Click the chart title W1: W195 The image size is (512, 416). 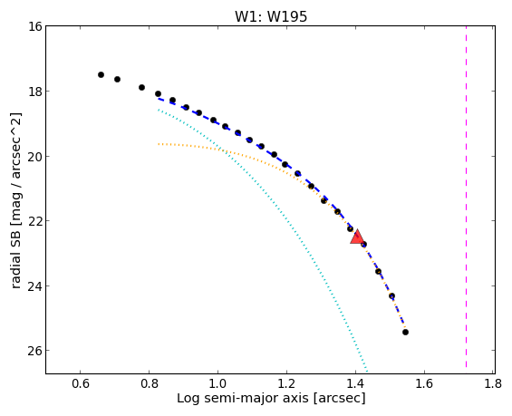click(x=271, y=16)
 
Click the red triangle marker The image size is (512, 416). click(x=357, y=237)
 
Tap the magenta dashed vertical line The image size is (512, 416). click(x=466, y=197)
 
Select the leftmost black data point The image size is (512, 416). click(x=101, y=75)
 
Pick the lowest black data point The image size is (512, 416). click(x=406, y=332)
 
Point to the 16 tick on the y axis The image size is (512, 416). click(x=35, y=26)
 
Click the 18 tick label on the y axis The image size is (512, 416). click(x=35, y=92)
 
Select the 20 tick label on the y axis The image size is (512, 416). click(x=35, y=157)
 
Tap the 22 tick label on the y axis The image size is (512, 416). click(x=35, y=221)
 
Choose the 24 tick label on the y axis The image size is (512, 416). click(x=35, y=286)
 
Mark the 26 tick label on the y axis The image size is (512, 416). click(x=35, y=351)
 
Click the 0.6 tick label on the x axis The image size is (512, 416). click(x=81, y=383)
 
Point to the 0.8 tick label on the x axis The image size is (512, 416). click(x=150, y=383)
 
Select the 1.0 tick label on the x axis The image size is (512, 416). click(x=217, y=383)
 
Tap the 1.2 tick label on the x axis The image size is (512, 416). click(x=286, y=383)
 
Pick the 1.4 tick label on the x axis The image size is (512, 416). click(x=355, y=383)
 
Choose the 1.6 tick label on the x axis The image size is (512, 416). click(x=424, y=383)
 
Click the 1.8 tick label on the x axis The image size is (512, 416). click(x=493, y=383)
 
